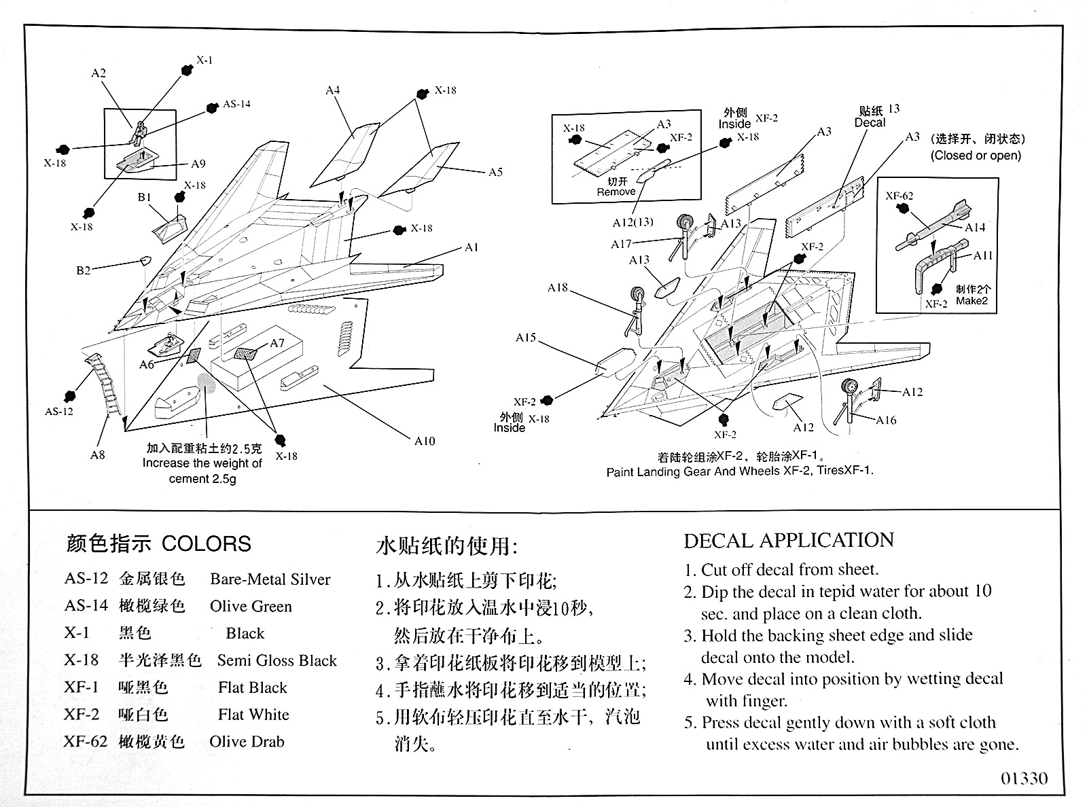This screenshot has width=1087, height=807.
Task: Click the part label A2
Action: (99, 73)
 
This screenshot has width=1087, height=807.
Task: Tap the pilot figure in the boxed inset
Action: (139, 132)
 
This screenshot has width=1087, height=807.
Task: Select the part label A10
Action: (425, 441)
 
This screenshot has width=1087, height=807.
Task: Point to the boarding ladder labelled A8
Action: (105, 384)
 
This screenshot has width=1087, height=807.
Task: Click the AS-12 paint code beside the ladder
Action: (59, 411)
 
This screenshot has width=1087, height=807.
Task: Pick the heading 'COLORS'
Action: (207, 543)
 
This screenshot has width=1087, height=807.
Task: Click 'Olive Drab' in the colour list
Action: (247, 741)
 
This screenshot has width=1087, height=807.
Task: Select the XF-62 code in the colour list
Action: (86, 741)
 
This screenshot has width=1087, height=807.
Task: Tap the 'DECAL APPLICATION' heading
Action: (789, 541)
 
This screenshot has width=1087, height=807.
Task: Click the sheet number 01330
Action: (1024, 778)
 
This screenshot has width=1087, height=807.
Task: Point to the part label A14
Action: (975, 228)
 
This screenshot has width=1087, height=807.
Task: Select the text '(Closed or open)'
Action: (976, 156)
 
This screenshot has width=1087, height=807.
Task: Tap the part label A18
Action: (557, 288)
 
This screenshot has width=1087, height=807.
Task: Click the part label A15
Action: (525, 338)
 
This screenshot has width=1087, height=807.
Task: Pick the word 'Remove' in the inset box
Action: (616, 192)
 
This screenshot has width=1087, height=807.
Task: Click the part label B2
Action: (83, 270)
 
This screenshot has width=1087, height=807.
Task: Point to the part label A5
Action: (495, 172)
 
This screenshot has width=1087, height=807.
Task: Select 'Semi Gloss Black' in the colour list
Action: (277, 660)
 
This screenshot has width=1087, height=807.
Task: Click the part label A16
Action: (886, 420)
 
